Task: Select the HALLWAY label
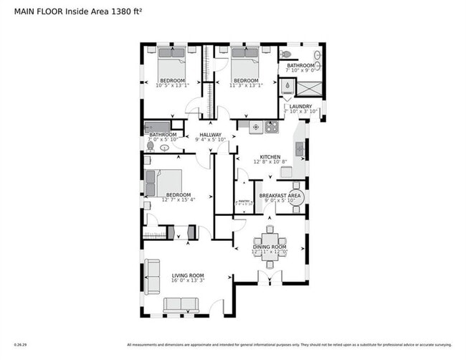coord(210,134)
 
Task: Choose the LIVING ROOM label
coord(188,275)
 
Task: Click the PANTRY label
coord(244,202)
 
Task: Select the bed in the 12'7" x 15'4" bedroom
coord(163,182)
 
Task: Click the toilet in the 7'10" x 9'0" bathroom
coord(285,54)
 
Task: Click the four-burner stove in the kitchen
coord(272,128)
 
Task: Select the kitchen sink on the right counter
coord(299,149)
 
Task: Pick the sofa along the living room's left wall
coord(153,276)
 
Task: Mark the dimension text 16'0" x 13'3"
coord(188,282)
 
